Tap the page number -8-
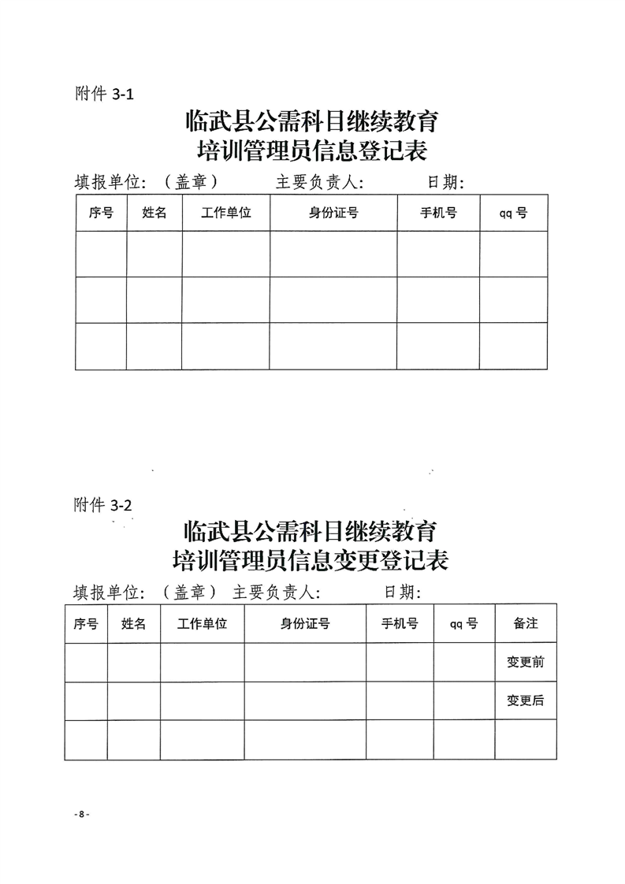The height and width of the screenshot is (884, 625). (x=80, y=815)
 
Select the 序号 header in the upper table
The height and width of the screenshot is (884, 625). (x=102, y=213)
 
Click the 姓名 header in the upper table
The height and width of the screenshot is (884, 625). (x=154, y=213)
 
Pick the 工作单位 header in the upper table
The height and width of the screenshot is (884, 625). (x=226, y=213)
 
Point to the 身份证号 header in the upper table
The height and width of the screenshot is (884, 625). (x=333, y=213)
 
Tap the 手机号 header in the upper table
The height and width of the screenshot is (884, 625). (x=438, y=213)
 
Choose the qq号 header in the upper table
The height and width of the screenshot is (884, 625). (x=513, y=213)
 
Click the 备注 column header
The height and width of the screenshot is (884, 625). (x=526, y=623)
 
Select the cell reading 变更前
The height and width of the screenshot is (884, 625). (x=526, y=663)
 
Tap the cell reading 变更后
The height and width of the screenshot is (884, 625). (x=526, y=700)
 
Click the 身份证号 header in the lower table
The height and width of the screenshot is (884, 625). (x=305, y=623)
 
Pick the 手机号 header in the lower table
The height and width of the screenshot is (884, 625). (x=400, y=623)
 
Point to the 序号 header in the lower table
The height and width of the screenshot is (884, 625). (x=86, y=623)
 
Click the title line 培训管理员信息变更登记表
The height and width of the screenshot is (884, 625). (x=311, y=560)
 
